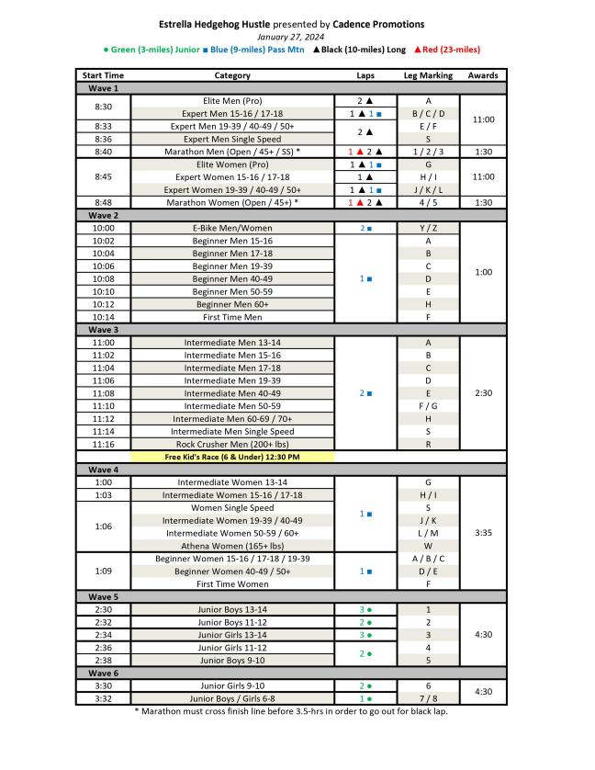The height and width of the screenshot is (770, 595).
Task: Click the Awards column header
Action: tap(483, 74)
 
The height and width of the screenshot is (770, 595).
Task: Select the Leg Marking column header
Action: tap(428, 74)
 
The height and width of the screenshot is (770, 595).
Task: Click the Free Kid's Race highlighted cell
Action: tap(232, 457)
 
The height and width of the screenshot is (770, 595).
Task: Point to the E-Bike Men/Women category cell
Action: tap(232, 228)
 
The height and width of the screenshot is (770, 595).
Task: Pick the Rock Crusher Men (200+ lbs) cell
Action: tap(232, 444)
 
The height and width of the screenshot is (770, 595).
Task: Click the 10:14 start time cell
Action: tap(103, 317)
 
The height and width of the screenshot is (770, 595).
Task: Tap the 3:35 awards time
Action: tap(483, 533)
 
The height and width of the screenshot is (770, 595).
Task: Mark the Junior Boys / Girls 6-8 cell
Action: tap(232, 698)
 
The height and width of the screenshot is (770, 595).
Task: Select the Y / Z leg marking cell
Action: tap(428, 228)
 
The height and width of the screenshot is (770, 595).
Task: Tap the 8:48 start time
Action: tap(103, 202)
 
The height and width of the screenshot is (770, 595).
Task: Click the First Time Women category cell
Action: tap(232, 583)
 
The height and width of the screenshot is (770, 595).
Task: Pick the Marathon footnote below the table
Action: tap(292, 711)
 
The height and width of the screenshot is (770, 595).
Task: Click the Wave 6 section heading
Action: tap(103, 673)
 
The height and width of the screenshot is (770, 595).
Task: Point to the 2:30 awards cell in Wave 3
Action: tap(483, 393)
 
